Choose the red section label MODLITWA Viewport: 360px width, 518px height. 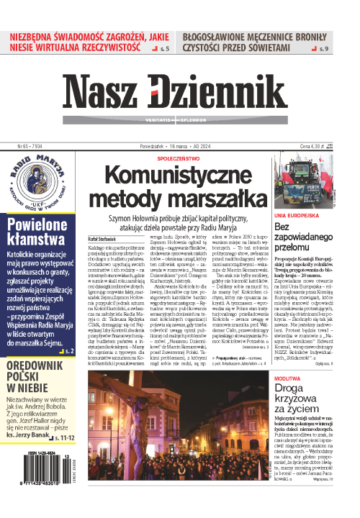point(288,376)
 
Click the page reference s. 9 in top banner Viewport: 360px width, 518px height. point(325,48)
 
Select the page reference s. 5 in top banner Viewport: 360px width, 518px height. point(165,48)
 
